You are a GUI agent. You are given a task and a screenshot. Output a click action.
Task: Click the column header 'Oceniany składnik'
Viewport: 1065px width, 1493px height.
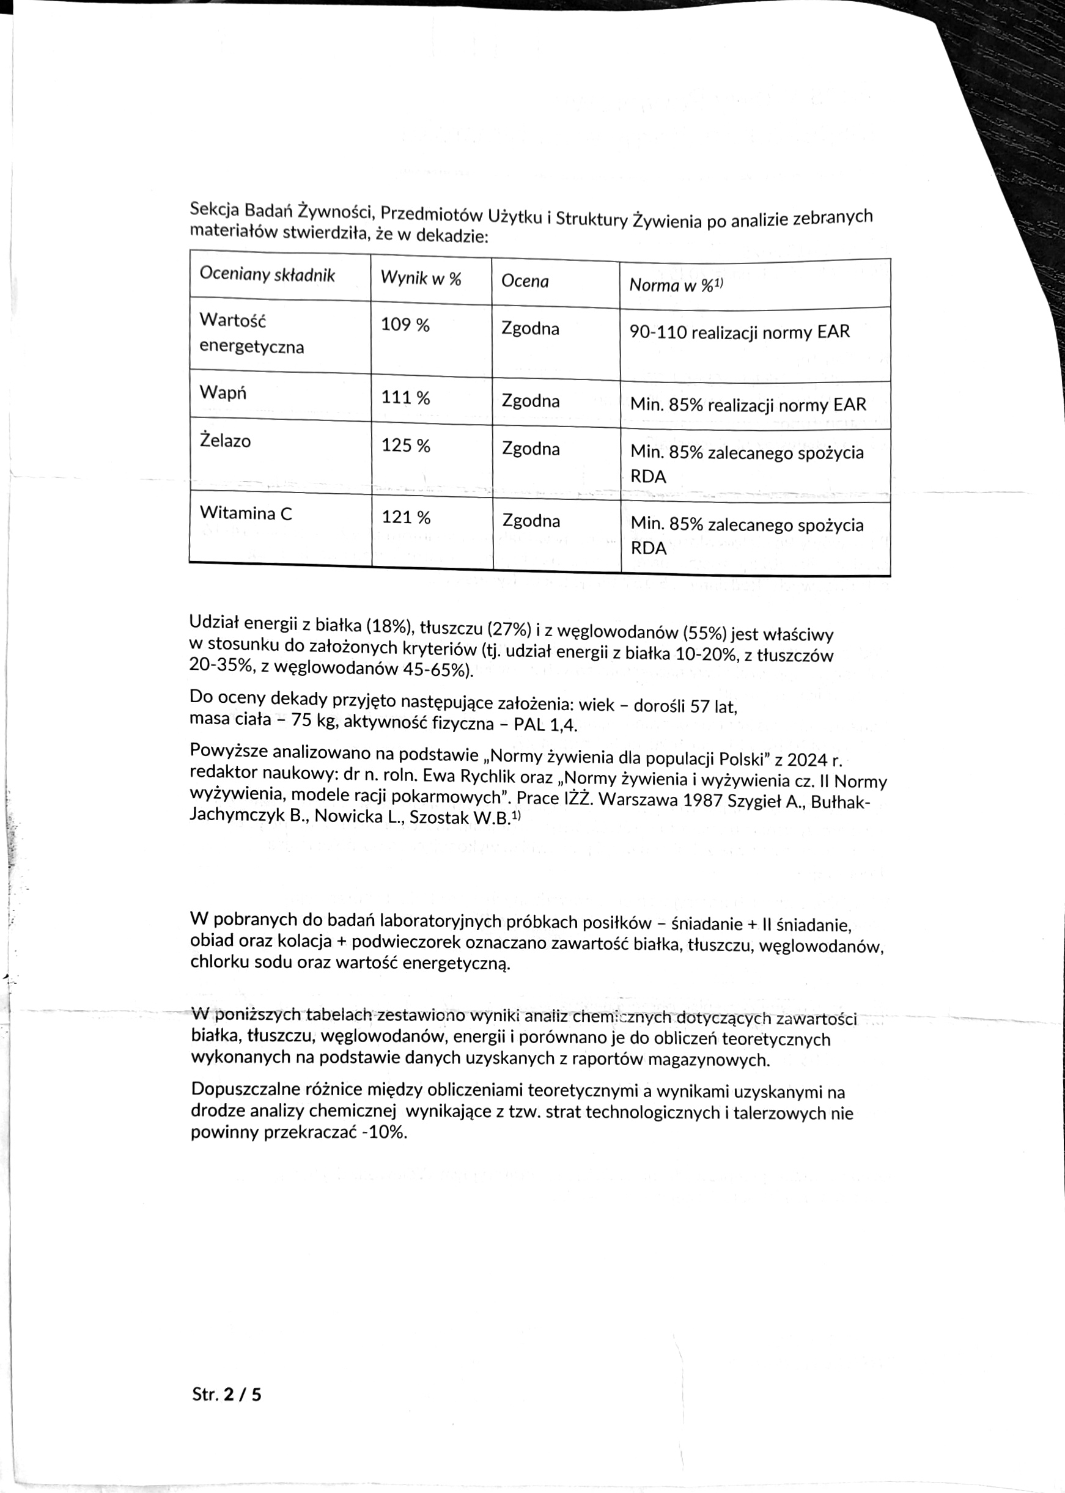pos(267,274)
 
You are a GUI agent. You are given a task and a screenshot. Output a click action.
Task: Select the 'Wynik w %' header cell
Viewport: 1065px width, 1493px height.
pos(421,279)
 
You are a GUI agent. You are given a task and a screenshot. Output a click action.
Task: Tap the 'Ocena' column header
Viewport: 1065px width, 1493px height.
pos(525,281)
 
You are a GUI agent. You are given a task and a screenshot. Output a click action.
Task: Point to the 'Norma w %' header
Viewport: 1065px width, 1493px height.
pos(676,285)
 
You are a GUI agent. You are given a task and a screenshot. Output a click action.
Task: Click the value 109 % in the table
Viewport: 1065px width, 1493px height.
pos(405,325)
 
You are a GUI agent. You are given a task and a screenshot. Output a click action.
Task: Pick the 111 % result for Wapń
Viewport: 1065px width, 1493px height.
pos(406,397)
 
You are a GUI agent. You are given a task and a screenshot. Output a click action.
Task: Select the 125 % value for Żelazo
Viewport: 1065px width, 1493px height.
pos(406,446)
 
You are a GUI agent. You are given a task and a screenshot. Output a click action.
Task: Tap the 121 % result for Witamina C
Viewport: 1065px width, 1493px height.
pos(406,518)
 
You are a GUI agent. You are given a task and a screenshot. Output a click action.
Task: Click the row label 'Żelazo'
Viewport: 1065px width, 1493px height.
pos(225,440)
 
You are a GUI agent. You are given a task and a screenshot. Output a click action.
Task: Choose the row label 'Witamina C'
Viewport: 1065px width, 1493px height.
pos(246,513)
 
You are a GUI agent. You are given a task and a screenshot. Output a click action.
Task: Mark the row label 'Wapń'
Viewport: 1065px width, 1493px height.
pos(223,392)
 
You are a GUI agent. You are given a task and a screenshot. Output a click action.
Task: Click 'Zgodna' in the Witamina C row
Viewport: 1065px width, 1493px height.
pos(531,521)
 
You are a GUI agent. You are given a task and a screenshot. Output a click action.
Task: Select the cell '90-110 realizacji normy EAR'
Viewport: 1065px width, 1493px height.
pos(739,332)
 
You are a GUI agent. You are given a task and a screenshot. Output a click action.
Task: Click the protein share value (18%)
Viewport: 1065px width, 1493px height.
pos(389,626)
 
